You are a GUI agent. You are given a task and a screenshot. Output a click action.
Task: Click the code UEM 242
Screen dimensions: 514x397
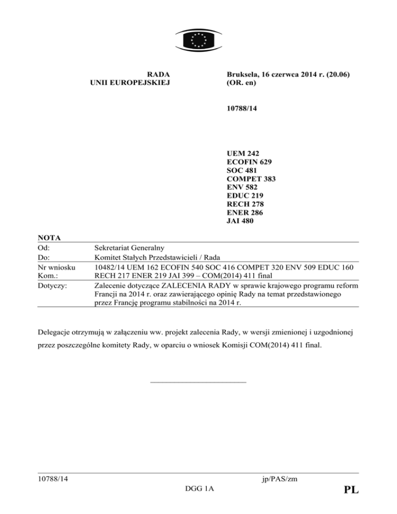242,154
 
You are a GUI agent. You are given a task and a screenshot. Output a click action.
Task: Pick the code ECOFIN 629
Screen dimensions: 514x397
250,162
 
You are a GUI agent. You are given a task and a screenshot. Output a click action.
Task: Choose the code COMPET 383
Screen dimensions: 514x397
251,179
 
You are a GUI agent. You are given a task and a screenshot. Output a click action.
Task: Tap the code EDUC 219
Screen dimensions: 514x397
245,196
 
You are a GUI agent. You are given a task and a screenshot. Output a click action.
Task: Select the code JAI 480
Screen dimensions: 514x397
240,221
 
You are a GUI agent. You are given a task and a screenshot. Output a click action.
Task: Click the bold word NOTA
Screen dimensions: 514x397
50,238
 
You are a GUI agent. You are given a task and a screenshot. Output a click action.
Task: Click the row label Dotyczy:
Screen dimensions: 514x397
54,284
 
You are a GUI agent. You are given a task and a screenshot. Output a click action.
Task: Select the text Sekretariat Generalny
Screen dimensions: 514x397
134,247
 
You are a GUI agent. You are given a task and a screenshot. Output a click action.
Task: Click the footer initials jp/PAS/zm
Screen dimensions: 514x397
280,479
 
